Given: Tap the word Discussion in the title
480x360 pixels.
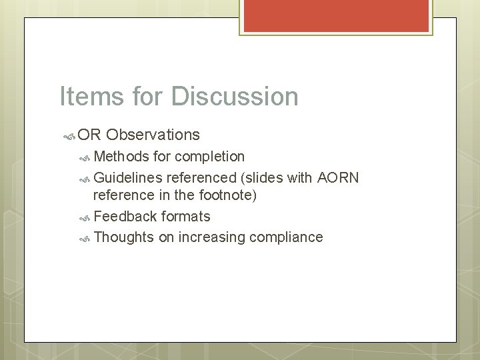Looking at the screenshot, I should point(234,97).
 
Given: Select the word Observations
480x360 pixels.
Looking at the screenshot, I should point(153,135).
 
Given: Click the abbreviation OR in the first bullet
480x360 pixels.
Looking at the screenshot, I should point(89,135).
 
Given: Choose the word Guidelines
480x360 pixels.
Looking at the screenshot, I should point(127,177).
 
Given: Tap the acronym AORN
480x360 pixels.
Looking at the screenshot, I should point(339,177).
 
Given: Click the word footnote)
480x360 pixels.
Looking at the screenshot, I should point(228,195).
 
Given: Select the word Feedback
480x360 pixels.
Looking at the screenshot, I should point(125,217).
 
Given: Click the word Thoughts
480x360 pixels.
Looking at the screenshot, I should point(124,237).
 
